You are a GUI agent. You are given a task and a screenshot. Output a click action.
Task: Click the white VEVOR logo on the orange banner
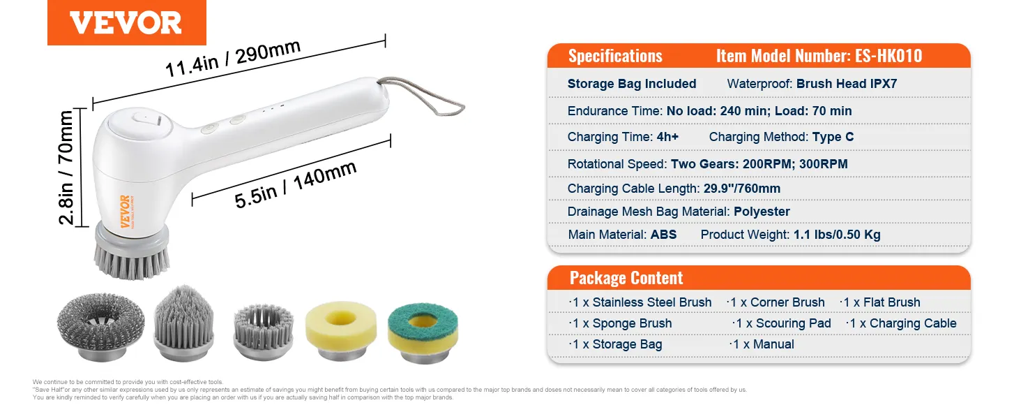(126, 23)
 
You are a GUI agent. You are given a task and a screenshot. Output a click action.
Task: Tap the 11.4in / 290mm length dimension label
(233, 59)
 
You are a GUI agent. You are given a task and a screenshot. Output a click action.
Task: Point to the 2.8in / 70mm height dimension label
(66, 168)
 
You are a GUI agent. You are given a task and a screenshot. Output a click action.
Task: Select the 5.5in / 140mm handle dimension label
(296, 185)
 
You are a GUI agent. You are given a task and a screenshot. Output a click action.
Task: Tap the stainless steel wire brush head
(100, 327)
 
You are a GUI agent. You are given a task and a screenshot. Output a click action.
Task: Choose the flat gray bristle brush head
(264, 332)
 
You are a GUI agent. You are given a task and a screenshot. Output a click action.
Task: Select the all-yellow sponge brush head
(341, 330)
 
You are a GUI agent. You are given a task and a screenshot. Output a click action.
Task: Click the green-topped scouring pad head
(423, 332)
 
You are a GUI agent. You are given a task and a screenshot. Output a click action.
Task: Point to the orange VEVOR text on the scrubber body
(124, 212)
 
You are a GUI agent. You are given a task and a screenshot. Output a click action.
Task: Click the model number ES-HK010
(888, 56)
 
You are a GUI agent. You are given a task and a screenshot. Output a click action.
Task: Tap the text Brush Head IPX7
(847, 84)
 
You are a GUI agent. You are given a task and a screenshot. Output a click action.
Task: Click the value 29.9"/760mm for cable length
(741, 189)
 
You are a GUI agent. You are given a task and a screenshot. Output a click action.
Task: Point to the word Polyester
(762, 212)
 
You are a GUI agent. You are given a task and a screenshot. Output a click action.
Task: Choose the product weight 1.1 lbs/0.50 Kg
(837, 235)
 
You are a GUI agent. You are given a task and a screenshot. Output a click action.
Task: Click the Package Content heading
(626, 278)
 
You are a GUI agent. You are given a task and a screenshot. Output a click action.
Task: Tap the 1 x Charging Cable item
(901, 323)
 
